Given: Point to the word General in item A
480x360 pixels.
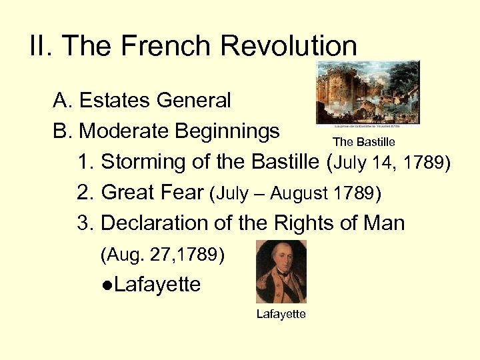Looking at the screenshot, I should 193,101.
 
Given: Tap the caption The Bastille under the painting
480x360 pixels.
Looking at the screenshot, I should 363,142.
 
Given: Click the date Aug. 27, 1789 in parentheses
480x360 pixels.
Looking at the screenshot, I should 163,254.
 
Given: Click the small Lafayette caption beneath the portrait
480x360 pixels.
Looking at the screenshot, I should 281,314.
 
